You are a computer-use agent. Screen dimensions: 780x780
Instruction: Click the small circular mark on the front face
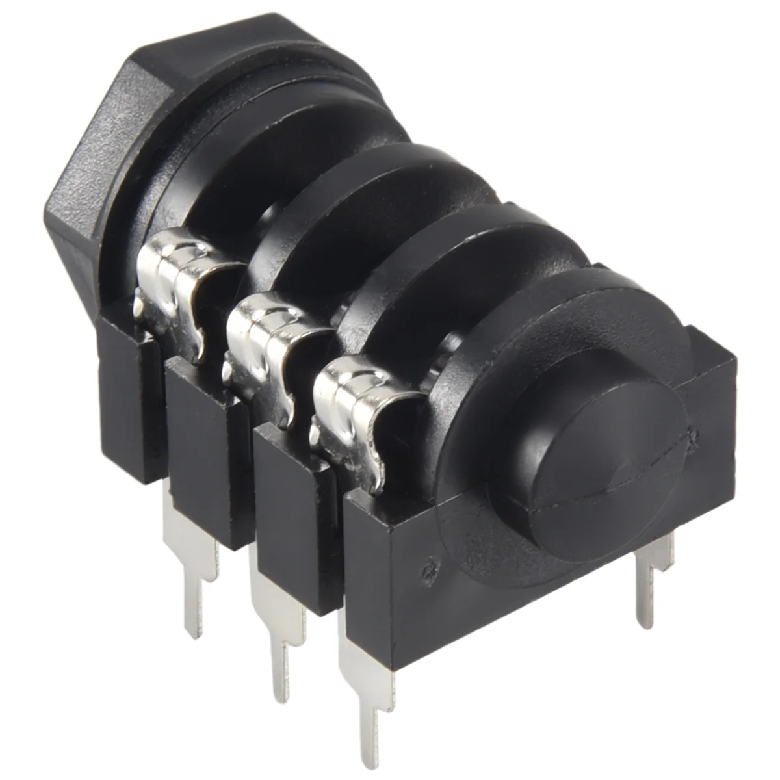(428, 569)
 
